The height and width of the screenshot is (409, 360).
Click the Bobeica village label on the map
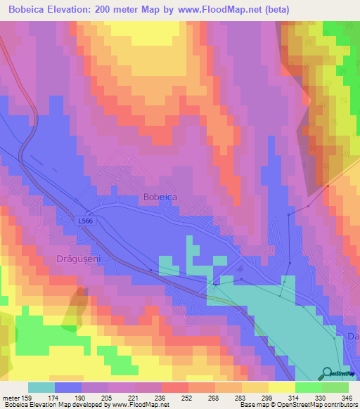163,197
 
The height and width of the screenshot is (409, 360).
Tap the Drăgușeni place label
79,259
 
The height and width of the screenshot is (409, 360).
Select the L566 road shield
85,221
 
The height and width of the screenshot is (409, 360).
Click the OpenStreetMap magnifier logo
326,372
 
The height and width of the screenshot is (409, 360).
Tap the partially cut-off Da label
353,339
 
